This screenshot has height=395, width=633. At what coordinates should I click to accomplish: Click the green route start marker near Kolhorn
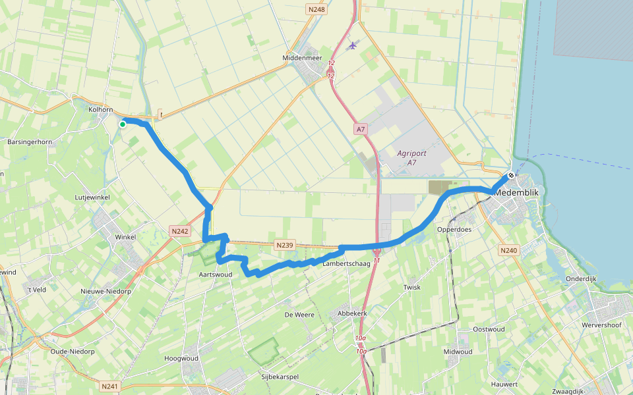pyautogui.click(x=123, y=124)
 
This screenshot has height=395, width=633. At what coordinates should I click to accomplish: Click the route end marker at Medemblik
pyautogui.click(x=510, y=176)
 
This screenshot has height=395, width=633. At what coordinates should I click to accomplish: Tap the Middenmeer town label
pyautogui.click(x=302, y=58)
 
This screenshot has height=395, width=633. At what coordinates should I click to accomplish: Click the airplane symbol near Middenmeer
pyautogui.click(x=353, y=45)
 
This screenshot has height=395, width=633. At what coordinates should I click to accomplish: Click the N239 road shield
pyautogui.click(x=285, y=246)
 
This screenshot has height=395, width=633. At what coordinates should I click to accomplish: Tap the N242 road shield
pyautogui.click(x=179, y=231)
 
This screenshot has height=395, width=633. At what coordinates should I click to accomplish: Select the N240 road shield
pyautogui.click(x=508, y=250)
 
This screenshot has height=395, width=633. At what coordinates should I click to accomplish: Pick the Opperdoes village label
pyautogui.click(x=454, y=230)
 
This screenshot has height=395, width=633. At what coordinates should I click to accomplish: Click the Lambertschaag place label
pyautogui.click(x=346, y=263)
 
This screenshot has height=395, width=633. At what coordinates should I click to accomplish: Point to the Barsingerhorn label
pyautogui.click(x=29, y=142)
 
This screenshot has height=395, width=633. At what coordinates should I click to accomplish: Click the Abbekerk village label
pyautogui.click(x=351, y=313)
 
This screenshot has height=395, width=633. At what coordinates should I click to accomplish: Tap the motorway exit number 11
pyautogui.click(x=377, y=261)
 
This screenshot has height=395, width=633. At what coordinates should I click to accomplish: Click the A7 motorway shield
pyautogui.click(x=360, y=130)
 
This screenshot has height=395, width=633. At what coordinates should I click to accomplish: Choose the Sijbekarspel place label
pyautogui.click(x=281, y=377)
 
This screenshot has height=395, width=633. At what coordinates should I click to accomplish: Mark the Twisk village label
pyautogui.click(x=412, y=288)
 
